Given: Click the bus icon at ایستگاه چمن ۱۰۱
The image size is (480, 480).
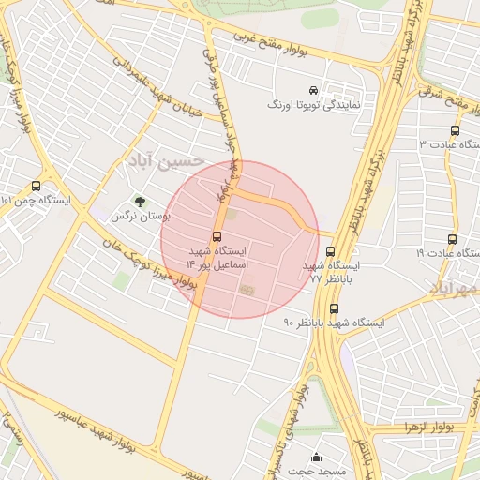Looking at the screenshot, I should click(x=36, y=187).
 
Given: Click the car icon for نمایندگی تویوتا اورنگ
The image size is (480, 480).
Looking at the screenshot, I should click(x=313, y=91).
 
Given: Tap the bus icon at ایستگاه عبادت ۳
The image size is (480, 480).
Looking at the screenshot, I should click(x=455, y=131).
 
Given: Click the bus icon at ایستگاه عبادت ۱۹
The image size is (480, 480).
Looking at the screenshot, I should click(x=453, y=239).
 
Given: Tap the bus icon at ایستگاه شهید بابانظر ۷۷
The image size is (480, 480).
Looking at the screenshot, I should click(x=330, y=251).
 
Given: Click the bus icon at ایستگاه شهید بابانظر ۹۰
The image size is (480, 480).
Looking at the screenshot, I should click(x=334, y=308).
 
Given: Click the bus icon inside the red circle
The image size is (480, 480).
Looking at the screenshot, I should click(x=217, y=236).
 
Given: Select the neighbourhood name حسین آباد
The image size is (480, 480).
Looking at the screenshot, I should click(x=170, y=160).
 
